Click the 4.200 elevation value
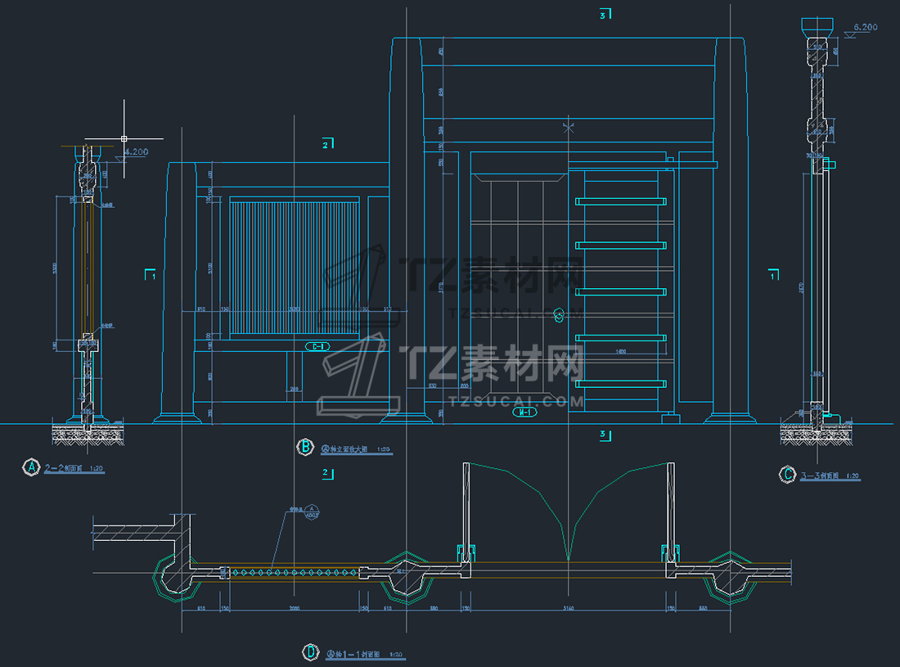point(135,151)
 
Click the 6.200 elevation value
point(865,27)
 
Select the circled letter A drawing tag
point(32,467)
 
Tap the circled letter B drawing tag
point(304,446)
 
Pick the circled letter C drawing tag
point(788,474)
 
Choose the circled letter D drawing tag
point(311,652)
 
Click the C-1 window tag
point(317,346)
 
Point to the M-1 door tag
point(524,412)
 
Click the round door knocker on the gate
point(560,313)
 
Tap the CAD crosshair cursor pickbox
point(124,139)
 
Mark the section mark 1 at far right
point(773,276)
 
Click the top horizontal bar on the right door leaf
point(620,201)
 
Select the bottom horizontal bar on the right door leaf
point(620,384)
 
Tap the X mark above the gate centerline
point(569,127)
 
